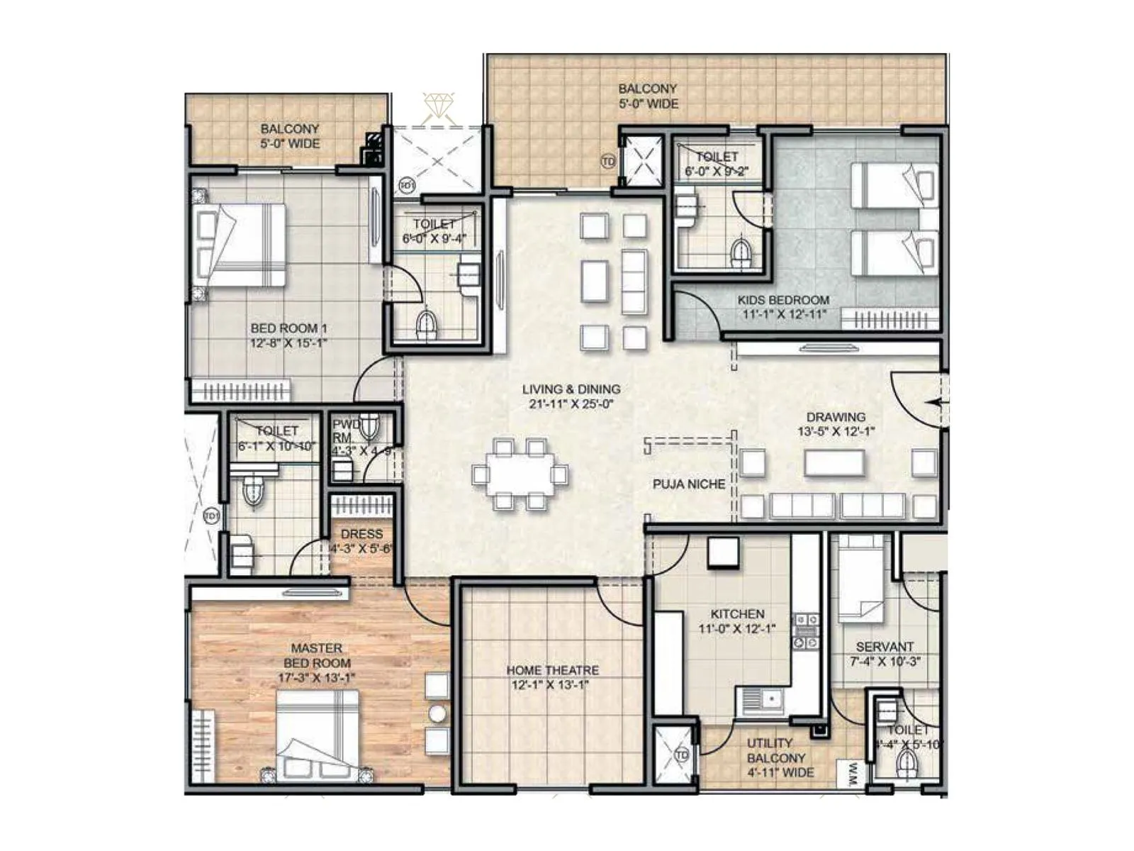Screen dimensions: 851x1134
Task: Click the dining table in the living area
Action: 520,474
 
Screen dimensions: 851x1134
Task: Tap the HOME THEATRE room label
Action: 552,670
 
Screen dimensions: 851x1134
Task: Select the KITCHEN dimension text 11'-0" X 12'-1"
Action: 737,628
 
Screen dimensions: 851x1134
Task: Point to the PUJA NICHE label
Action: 689,484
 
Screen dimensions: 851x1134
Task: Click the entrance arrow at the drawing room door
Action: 937,403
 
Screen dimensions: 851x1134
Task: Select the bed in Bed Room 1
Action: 240,245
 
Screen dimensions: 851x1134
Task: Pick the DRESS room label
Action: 361,534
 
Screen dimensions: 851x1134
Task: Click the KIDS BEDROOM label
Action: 783,300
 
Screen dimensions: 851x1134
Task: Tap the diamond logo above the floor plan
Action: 439,106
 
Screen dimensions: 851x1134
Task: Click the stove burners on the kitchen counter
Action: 806,631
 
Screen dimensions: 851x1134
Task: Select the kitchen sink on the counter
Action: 760,701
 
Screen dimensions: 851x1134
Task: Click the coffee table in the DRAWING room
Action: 834,463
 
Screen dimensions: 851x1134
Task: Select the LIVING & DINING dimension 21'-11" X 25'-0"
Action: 571,404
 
